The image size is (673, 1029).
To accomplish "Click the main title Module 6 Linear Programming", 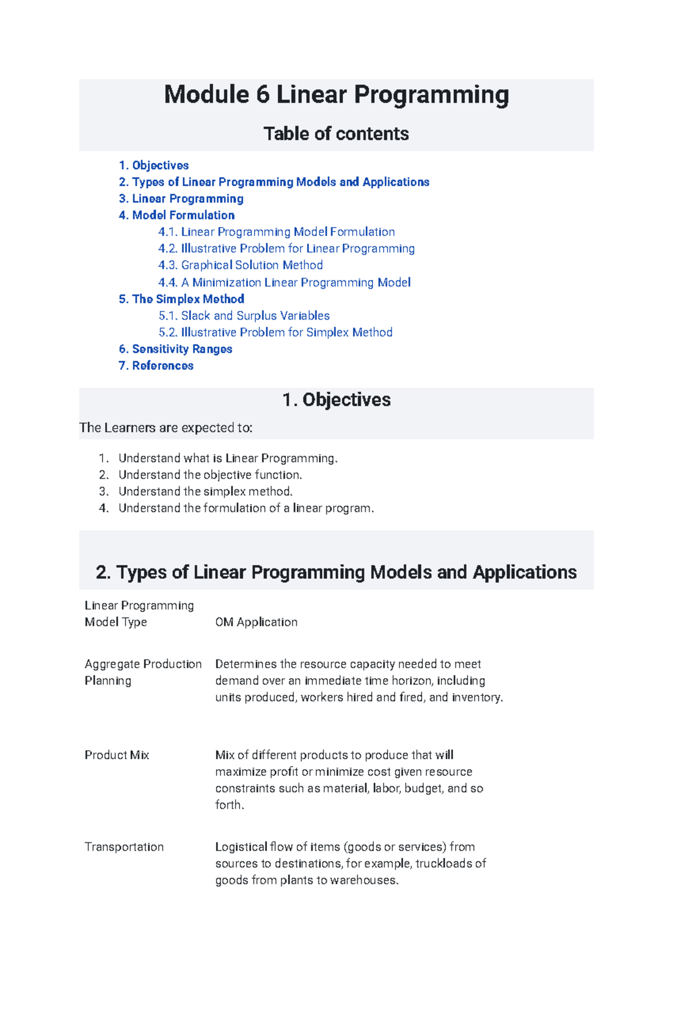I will point(336,95).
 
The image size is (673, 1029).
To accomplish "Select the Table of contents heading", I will point(336,134).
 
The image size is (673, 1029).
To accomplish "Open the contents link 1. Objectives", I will point(154,165).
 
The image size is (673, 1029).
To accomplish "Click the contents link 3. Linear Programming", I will point(181,199).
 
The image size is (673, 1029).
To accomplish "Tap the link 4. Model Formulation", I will point(177,215).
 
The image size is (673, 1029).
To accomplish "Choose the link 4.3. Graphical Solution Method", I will point(241,265).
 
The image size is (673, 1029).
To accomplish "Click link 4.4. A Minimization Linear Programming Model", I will point(284,282).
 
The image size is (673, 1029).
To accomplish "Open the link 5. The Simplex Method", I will point(181,299).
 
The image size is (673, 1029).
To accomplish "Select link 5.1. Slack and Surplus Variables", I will point(244,316).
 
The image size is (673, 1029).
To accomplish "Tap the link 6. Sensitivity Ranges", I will point(176,349).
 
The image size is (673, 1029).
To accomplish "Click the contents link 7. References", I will point(156,366).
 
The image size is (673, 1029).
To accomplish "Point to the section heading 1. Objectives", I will point(336,400).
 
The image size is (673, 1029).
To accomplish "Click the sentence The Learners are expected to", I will point(166,428).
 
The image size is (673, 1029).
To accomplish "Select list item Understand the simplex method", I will point(205,492).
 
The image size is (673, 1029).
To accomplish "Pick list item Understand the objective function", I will point(210,475).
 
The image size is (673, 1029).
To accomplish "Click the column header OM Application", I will point(256,622).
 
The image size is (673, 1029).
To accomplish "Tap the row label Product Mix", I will point(117,755).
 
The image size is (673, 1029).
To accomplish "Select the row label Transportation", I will point(124,847).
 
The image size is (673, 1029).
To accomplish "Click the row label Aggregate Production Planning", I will point(142,672).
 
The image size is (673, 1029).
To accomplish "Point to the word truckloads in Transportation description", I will point(444,864).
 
